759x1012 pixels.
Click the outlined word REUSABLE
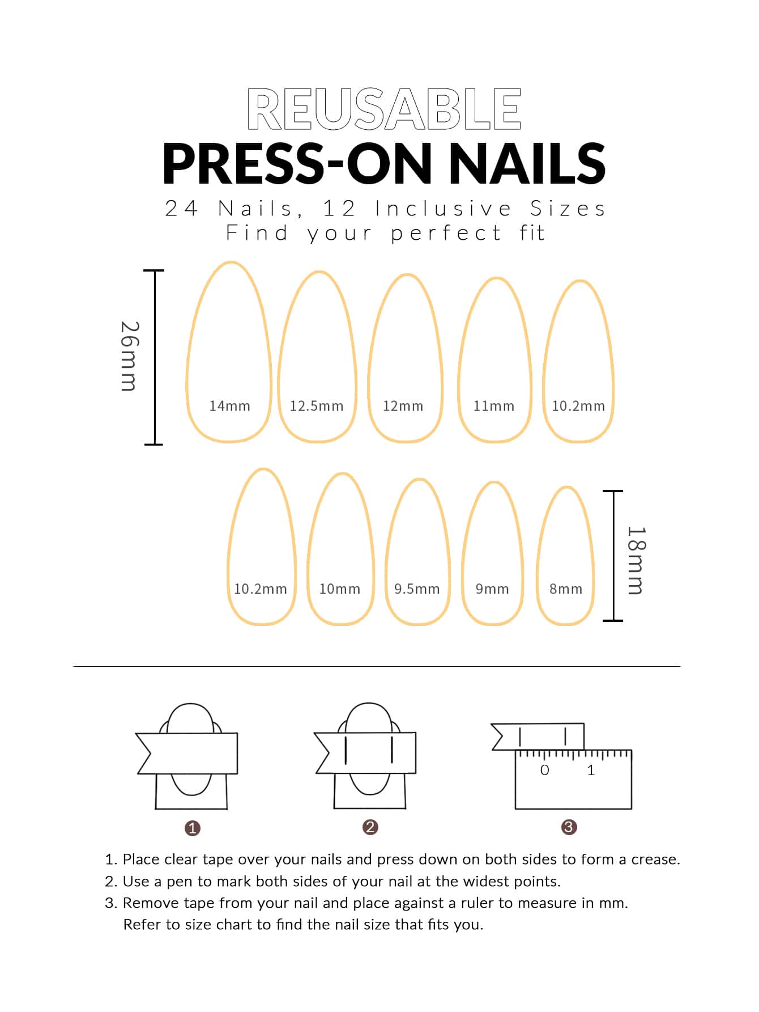[x=384, y=109]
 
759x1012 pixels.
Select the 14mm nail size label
[x=229, y=406]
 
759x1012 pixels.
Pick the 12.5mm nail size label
[x=317, y=406]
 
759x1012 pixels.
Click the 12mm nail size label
[x=403, y=406]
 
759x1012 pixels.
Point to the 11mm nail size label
[x=494, y=406]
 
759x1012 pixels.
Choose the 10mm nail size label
[x=340, y=589]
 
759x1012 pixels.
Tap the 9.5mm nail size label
[x=417, y=589]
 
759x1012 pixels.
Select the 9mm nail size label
[x=492, y=589]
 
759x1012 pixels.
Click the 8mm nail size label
[x=566, y=589]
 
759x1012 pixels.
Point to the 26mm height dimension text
[x=129, y=356]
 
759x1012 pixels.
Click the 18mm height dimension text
[x=636, y=561]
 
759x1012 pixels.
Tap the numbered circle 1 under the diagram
[x=193, y=828]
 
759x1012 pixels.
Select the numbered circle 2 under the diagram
[x=370, y=827]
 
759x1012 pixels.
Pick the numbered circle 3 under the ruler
[x=569, y=827]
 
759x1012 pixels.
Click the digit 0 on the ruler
[x=545, y=770]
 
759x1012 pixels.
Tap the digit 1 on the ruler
[x=591, y=770]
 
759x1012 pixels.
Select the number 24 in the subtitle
[x=181, y=209]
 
